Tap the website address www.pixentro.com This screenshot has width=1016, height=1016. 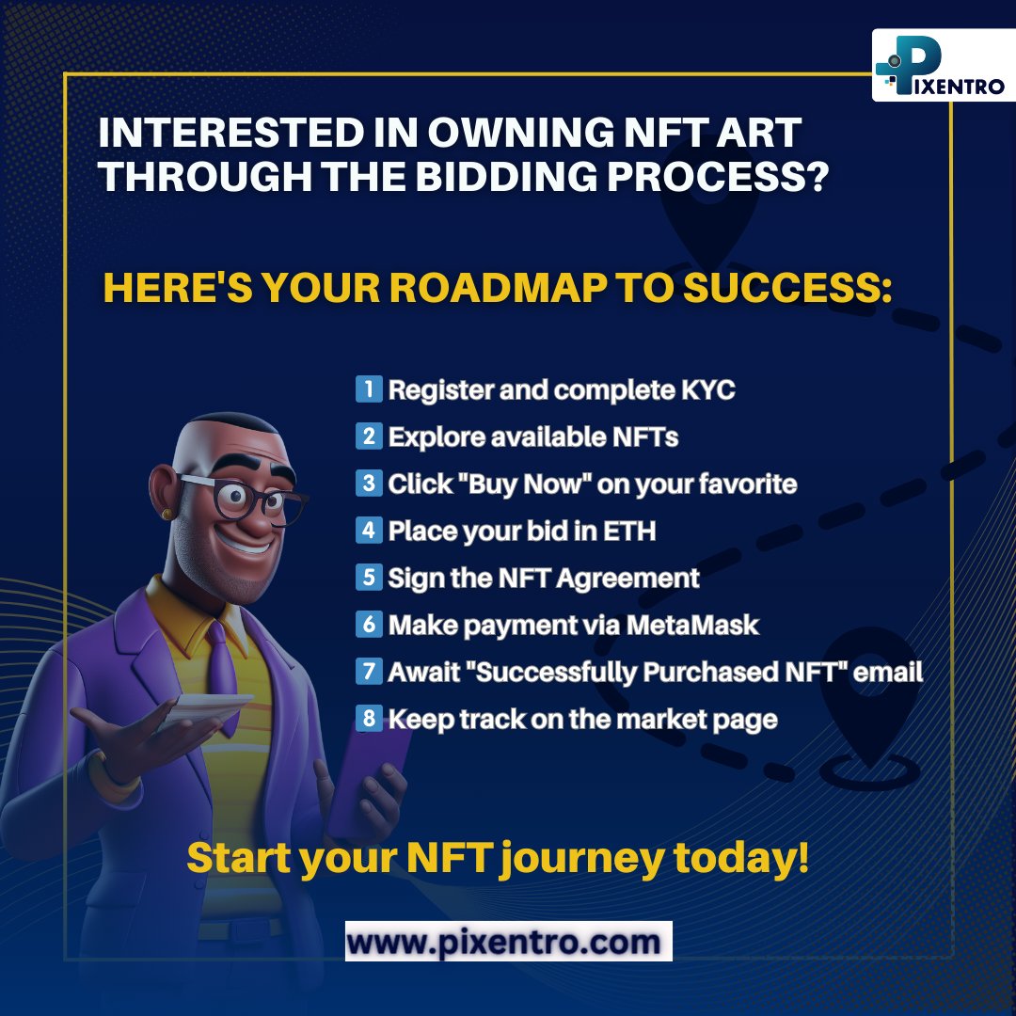(x=508, y=940)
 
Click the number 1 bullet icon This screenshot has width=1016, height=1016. (x=369, y=389)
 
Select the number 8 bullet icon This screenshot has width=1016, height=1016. (x=369, y=720)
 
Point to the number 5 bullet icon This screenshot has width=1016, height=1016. (x=369, y=578)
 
